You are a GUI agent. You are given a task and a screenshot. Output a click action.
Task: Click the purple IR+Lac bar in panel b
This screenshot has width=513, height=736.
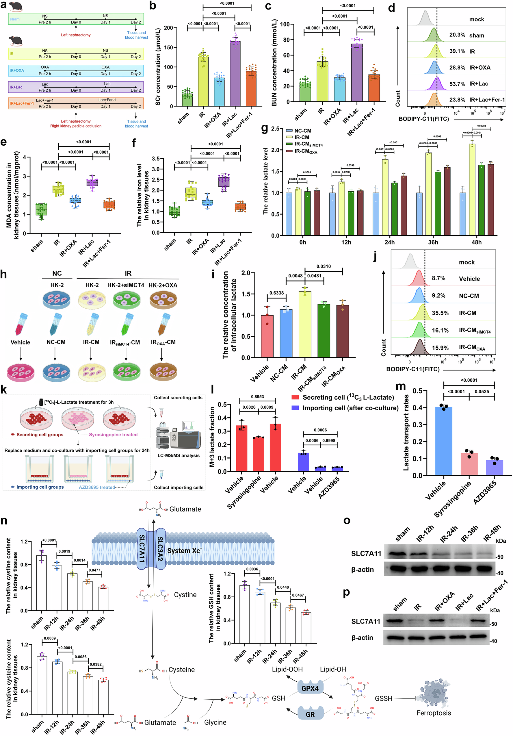click(x=235, y=74)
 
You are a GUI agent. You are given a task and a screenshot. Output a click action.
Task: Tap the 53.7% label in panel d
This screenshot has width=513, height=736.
click(x=457, y=84)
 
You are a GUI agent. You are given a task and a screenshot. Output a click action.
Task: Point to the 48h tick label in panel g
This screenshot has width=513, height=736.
click(x=477, y=242)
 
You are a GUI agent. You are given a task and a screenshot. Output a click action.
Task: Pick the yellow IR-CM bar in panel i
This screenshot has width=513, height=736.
click(x=305, y=325)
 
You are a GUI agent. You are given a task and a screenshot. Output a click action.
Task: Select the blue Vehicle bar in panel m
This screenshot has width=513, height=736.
click(x=444, y=441)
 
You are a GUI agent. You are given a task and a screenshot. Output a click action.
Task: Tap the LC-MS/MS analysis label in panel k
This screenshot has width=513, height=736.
click(x=179, y=455)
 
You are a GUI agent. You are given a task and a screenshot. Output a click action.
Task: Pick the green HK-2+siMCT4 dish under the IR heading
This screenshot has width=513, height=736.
click(x=126, y=299)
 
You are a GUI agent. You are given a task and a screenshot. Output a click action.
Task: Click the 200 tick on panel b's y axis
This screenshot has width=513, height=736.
click(x=168, y=28)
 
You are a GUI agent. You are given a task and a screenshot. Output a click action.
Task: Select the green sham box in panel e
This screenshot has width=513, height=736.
click(x=41, y=210)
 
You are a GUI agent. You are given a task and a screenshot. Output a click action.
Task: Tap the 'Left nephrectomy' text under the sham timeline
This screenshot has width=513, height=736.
click(x=76, y=35)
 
